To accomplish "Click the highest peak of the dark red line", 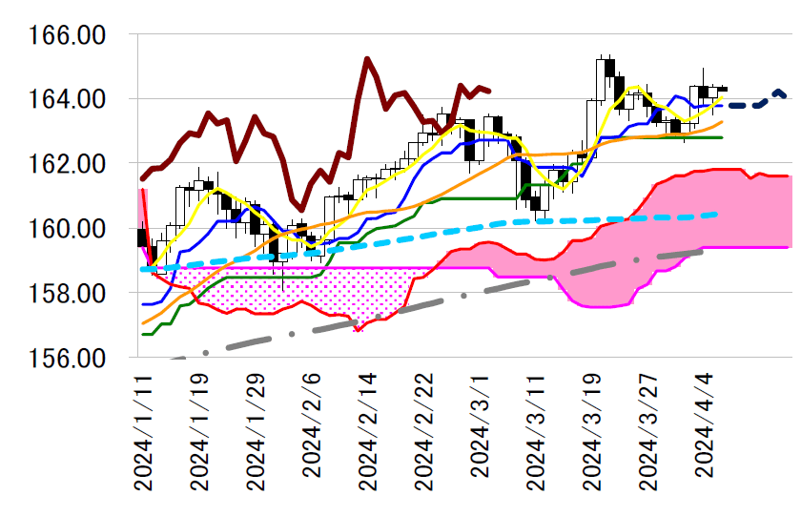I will (367, 59).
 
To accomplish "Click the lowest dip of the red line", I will (358, 329).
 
